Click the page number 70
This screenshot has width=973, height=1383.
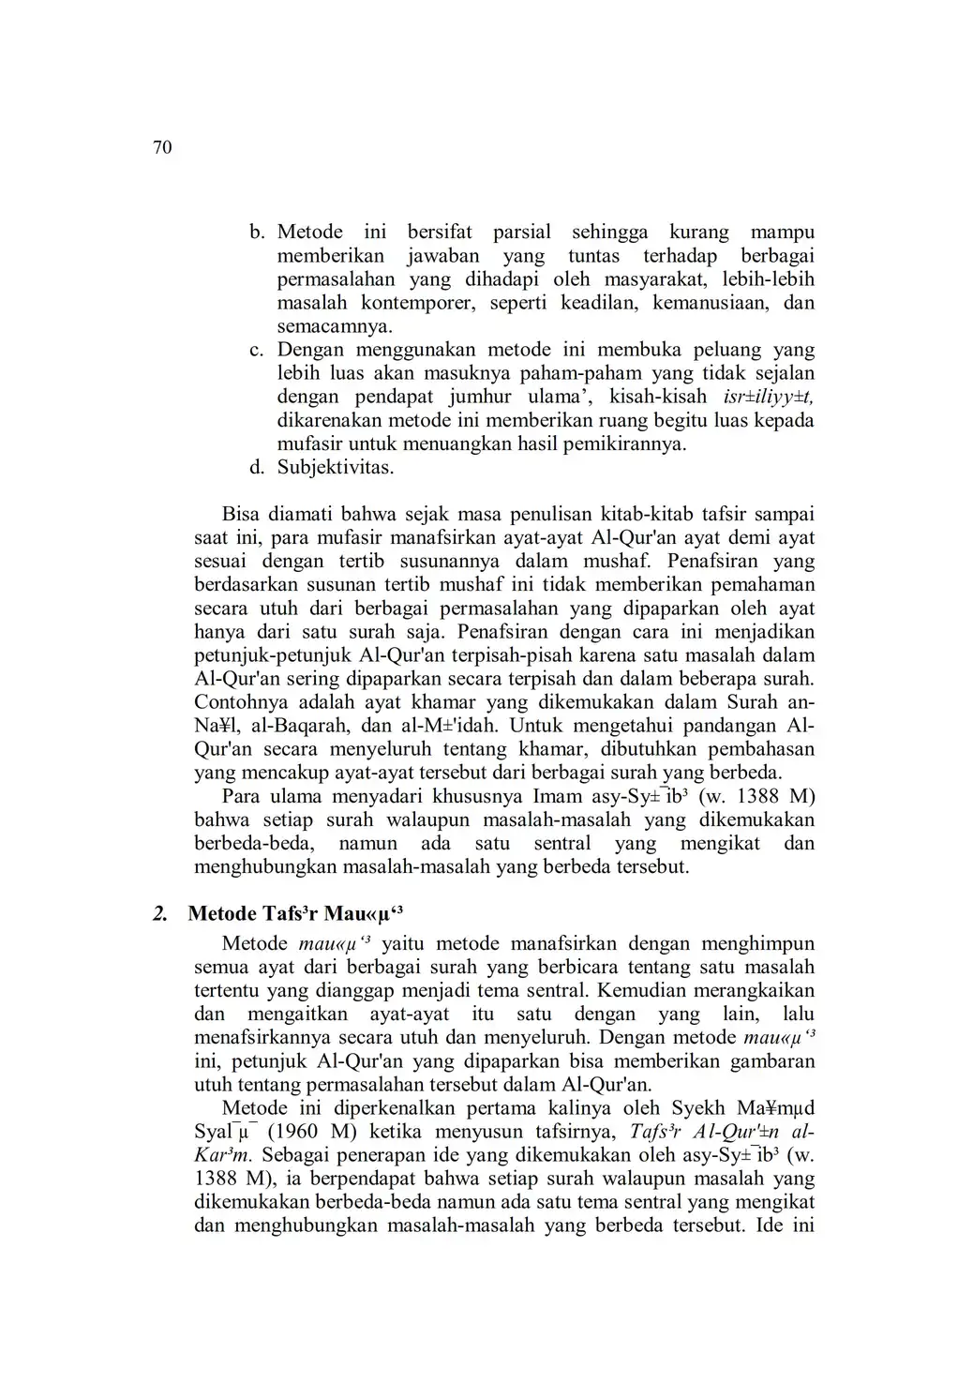click(162, 148)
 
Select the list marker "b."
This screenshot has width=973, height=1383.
click(257, 233)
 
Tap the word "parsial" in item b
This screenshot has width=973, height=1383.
click(522, 233)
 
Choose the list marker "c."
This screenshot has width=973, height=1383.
click(257, 350)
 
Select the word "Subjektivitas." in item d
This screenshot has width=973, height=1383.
click(336, 467)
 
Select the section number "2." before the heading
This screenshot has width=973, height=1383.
click(161, 914)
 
